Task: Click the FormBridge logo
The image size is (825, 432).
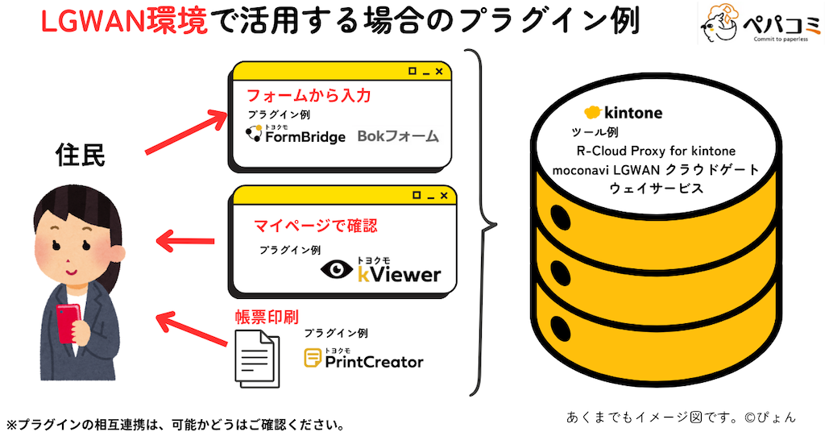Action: point(296,135)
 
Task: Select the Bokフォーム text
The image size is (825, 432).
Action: point(398,136)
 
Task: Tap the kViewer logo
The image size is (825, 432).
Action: point(381,270)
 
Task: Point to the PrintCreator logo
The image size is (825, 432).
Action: point(363,359)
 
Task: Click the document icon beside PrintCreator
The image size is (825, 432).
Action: point(256,361)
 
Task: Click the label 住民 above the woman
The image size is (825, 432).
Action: point(80,155)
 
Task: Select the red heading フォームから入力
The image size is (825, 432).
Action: point(308,96)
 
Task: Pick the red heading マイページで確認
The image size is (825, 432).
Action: point(315,224)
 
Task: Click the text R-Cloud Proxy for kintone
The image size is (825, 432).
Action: point(656,151)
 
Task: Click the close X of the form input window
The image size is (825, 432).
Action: point(438,72)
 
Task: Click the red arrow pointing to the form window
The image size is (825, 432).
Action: point(186,131)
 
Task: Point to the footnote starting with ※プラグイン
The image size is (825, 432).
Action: point(176,423)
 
